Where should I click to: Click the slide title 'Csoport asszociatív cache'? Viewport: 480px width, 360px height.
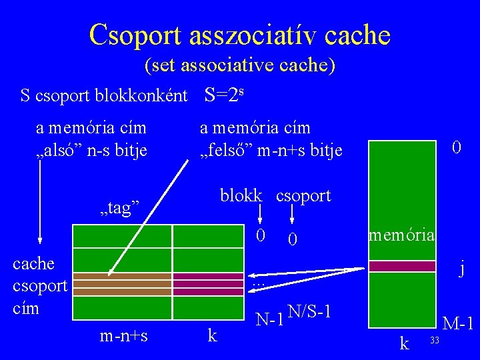pos(239,34)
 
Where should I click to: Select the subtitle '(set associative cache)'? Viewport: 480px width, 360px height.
pos(239,66)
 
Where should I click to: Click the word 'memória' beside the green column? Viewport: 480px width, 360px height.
pos(402,235)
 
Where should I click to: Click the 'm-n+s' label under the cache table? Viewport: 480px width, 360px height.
pos(123,336)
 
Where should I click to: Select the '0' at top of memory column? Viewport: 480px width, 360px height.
pos(456,147)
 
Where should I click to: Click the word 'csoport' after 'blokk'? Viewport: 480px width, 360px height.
pos(303,196)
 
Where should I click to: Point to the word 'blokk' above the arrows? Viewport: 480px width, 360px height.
pos(241,196)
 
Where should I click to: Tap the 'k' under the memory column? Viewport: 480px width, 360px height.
pos(404,343)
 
